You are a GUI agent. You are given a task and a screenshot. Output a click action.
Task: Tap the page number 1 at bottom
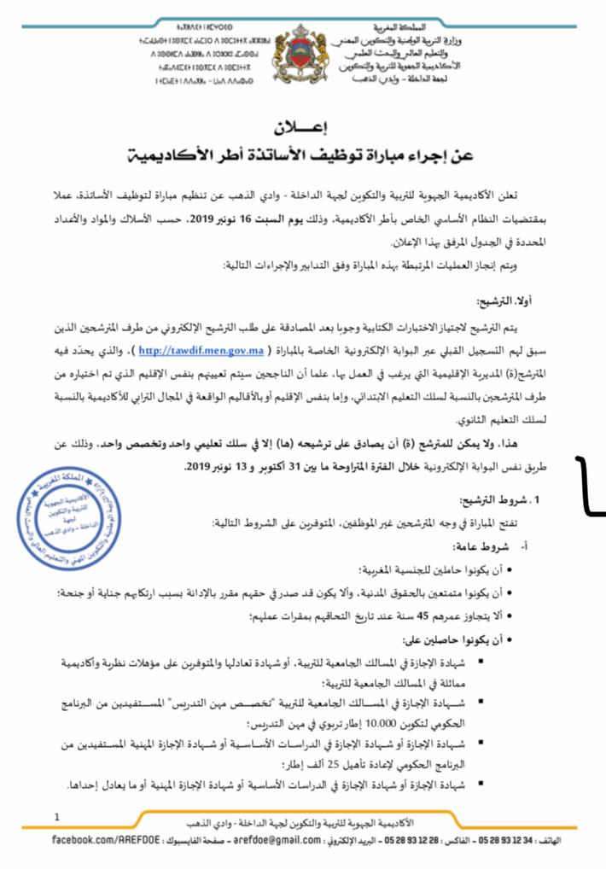(x=57, y=817)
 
